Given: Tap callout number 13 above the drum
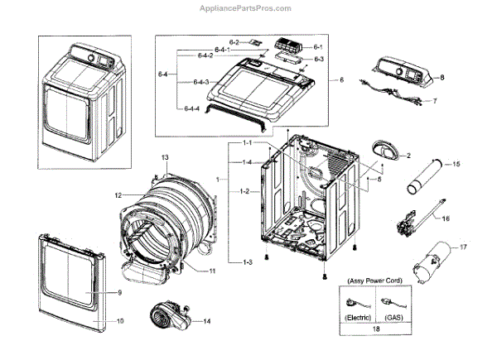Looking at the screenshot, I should click(x=165, y=157).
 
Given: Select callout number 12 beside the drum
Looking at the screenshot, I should click(x=118, y=195).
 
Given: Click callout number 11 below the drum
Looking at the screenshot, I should click(x=212, y=271).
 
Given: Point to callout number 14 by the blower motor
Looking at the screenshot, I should click(x=207, y=320).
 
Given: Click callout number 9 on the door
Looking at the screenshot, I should click(x=119, y=293).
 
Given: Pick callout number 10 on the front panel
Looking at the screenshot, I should click(x=119, y=319).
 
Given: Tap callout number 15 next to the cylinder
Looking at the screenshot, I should click(x=456, y=165).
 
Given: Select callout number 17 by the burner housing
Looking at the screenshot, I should click(x=464, y=247).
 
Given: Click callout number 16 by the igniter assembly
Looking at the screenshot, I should click(x=446, y=220).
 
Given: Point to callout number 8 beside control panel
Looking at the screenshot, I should click(x=442, y=76).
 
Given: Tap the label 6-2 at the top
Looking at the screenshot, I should click(x=234, y=41).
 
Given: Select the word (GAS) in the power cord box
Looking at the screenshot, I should click(x=391, y=317).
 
